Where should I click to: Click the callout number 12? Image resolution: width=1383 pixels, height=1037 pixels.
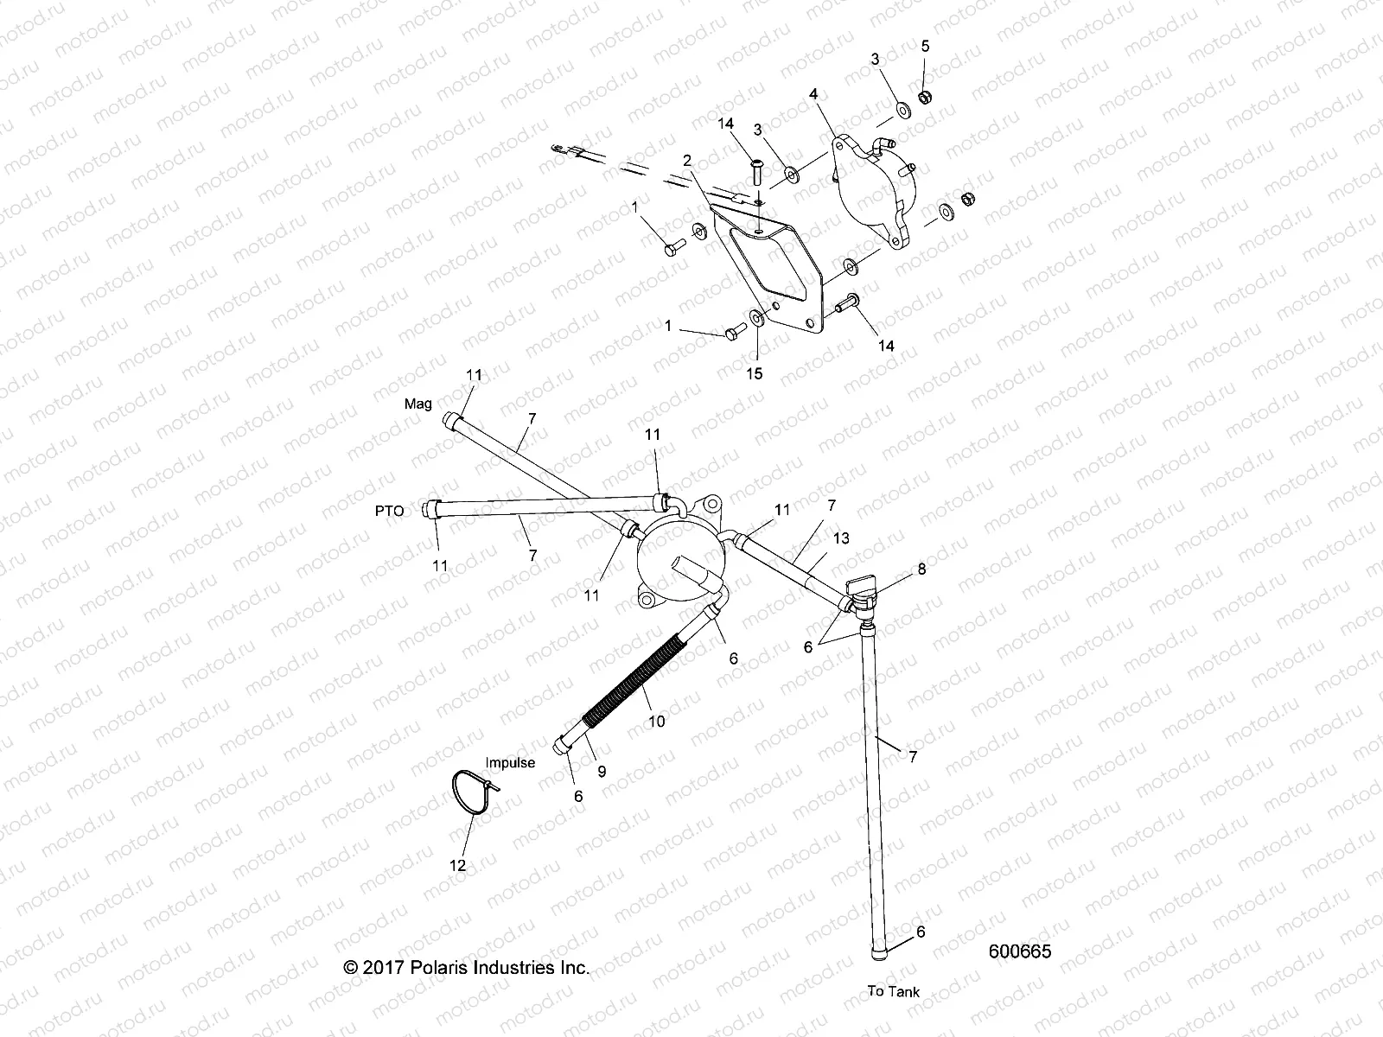tap(458, 865)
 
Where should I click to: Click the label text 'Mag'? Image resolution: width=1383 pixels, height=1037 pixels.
tap(418, 404)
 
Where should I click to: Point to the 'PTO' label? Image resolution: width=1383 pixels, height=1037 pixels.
tap(390, 511)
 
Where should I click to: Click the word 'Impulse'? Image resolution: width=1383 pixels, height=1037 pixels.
tap(510, 762)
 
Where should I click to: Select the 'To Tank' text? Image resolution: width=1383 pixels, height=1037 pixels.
tap(894, 991)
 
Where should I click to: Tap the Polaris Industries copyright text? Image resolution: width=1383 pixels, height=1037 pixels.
tap(467, 967)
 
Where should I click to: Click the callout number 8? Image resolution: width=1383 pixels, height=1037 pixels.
tap(921, 569)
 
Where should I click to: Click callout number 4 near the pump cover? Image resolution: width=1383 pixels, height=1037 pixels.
tap(813, 92)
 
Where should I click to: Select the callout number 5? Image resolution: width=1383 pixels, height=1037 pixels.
tap(925, 46)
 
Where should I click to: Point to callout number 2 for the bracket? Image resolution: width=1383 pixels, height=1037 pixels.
tap(687, 160)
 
